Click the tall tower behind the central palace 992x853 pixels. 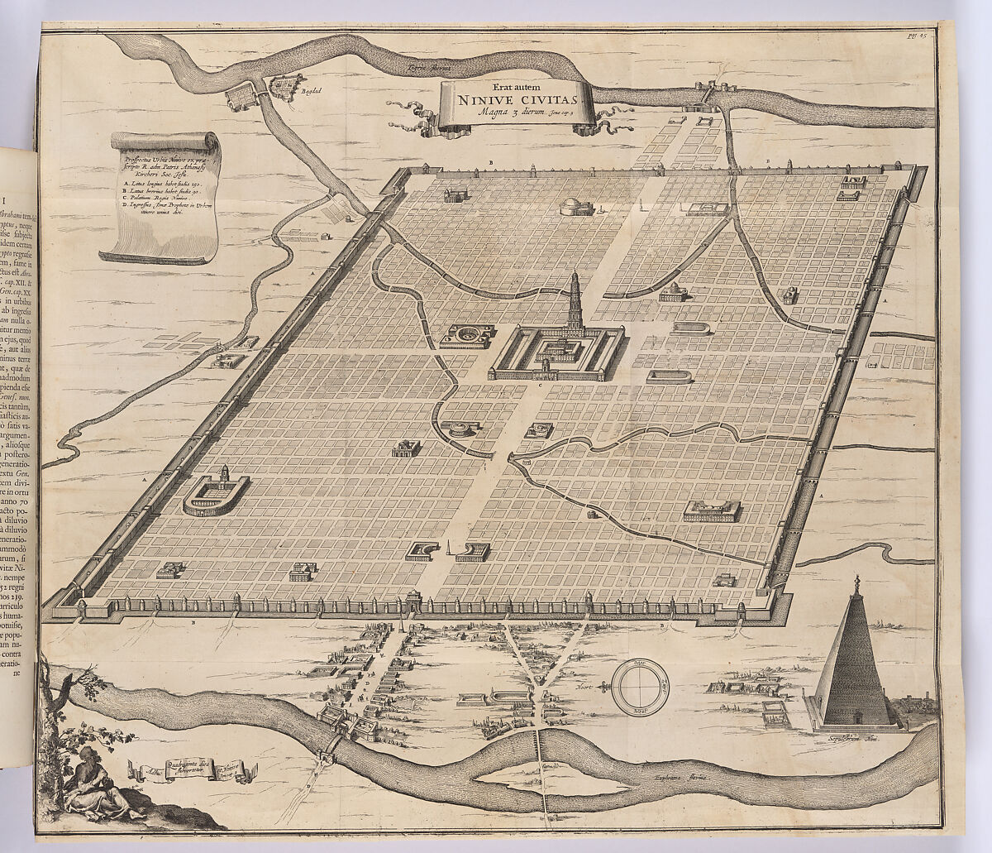coord(574,302)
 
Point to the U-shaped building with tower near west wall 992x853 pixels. coord(216,494)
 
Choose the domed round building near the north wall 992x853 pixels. coord(576,207)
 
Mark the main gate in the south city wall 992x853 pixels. coord(413,601)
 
